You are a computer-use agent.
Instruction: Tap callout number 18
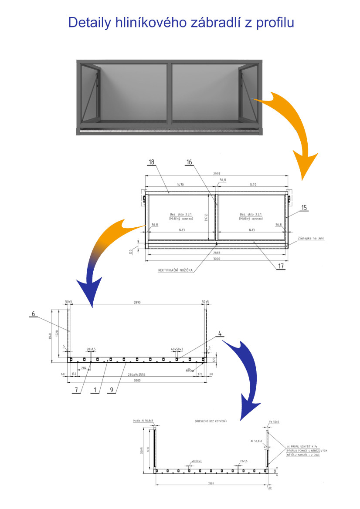pos(151,162)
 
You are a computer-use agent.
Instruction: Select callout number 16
pos(189,162)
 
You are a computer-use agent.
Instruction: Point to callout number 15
pos(304,208)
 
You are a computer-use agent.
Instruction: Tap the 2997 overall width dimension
pos(217,174)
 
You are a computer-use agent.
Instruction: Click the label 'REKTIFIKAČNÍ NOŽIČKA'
pos(175,270)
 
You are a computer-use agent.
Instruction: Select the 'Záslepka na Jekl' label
pos(312,239)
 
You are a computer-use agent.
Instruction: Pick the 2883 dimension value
pos(217,253)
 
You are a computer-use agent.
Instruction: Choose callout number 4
pos(220,334)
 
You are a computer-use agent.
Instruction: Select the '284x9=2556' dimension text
pos(137,374)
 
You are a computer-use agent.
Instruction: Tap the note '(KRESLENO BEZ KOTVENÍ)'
pos(211,421)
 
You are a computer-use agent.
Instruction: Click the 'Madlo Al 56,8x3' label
pos(143,421)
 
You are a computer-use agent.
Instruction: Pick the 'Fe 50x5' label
pos(274,421)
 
